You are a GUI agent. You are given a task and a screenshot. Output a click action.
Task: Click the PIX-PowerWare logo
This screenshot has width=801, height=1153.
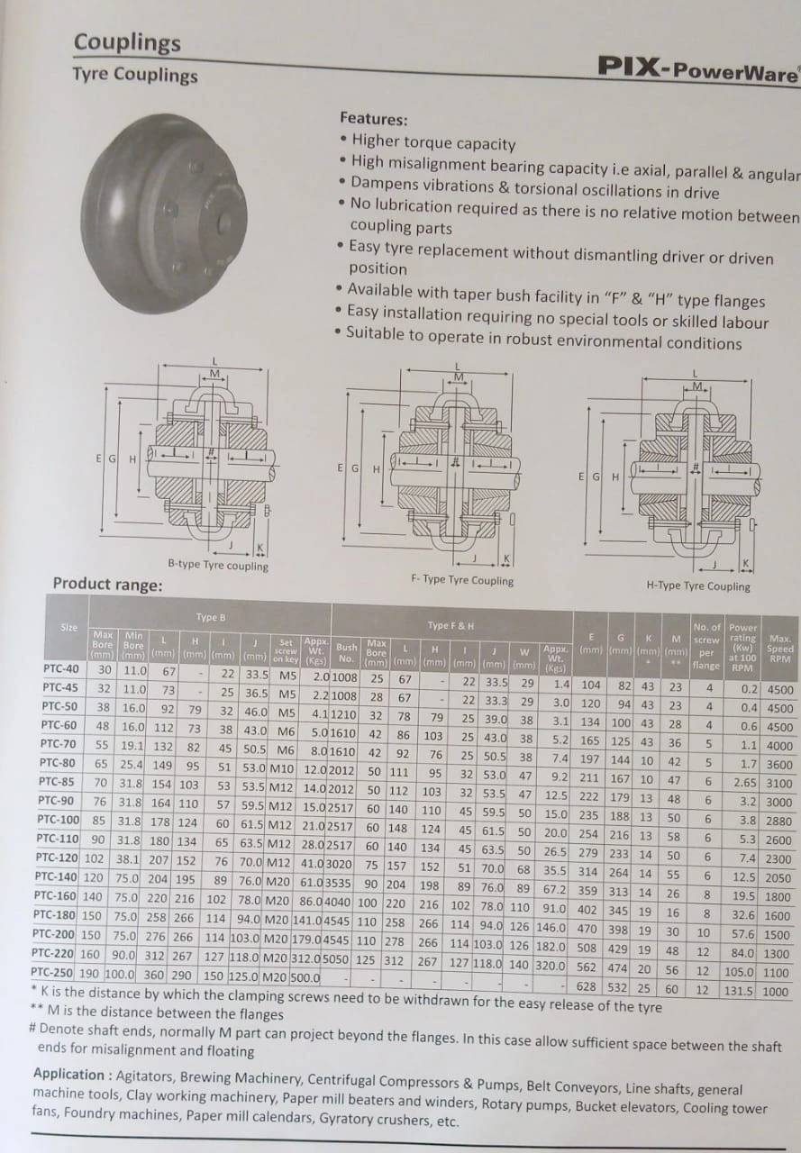pos(697,68)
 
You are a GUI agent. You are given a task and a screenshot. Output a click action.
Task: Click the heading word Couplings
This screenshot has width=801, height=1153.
pos(127,42)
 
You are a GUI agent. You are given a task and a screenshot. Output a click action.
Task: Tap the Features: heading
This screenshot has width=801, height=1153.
pos(373,119)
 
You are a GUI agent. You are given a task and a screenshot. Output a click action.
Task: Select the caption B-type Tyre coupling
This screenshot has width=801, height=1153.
pos(218,566)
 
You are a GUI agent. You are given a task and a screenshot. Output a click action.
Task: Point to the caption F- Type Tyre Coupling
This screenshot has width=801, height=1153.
pos(461,580)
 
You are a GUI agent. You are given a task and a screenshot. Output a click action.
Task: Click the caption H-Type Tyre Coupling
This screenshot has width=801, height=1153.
pos(697,586)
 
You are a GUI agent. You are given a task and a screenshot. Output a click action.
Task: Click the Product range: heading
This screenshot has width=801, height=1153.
pos(107,584)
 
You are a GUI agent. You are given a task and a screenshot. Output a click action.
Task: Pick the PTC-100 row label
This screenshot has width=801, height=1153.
pos(58,820)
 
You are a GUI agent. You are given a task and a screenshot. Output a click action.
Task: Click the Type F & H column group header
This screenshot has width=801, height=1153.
pos(451,625)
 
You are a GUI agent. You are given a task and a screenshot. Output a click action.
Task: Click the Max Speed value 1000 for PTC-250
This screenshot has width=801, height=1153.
pos(775,991)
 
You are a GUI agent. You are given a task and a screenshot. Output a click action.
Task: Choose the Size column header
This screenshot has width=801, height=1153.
pos(68,627)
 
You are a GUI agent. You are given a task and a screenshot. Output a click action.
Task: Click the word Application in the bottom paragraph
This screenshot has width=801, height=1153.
pos(68,1074)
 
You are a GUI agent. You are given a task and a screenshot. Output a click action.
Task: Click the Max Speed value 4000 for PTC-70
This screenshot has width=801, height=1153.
pos(778,746)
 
